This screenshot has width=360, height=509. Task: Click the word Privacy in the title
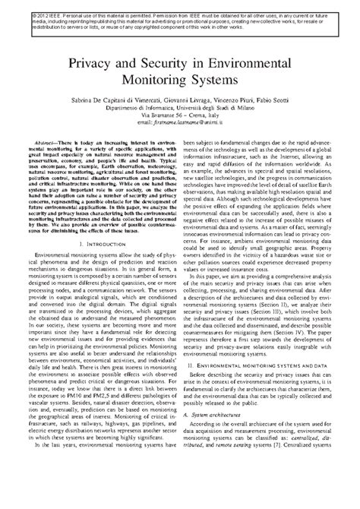click(97, 65)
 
